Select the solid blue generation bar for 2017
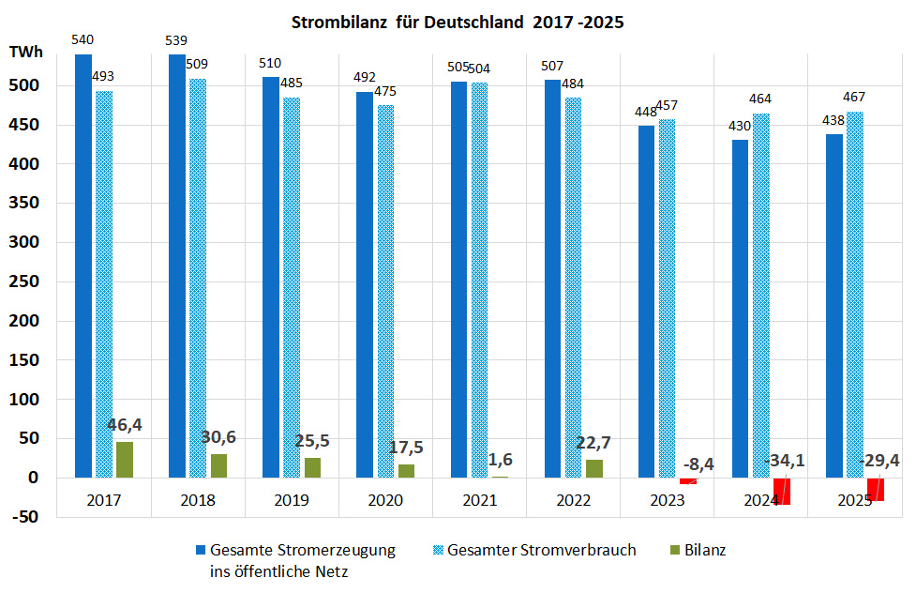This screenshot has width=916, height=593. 83,266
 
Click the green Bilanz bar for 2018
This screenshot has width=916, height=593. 218,465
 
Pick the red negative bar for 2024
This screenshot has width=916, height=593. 782,491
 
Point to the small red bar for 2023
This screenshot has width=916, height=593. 688,480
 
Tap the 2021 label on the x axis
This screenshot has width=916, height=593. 479,500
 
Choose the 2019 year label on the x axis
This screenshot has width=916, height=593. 292,500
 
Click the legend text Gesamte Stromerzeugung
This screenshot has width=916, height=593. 302,551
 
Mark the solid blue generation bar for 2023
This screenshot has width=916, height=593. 647,301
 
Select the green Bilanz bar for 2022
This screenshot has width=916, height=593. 593,468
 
